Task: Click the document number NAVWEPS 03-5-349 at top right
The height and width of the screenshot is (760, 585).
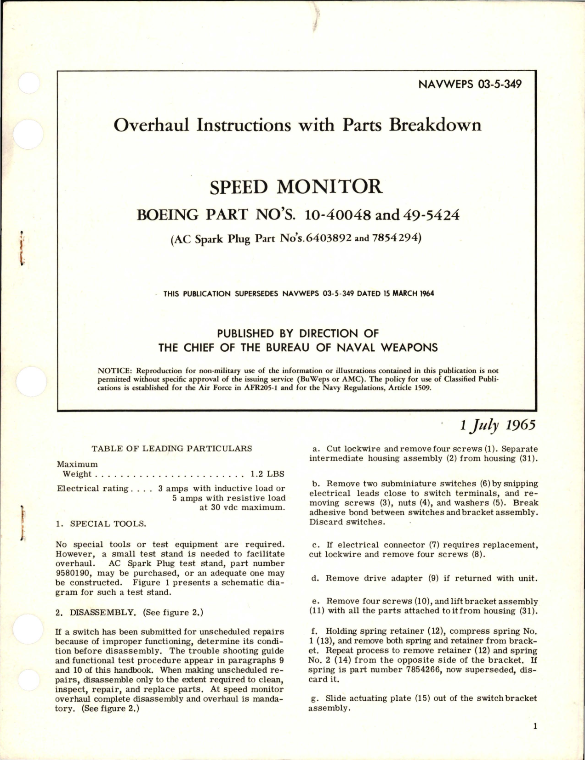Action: click(x=470, y=84)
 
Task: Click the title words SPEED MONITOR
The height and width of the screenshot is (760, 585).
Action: click(x=295, y=187)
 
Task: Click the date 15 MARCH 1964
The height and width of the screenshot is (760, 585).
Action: click(x=408, y=293)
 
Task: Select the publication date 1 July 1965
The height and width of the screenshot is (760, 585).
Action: click(x=498, y=425)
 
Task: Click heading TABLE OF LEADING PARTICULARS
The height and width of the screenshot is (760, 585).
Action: click(x=171, y=448)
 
